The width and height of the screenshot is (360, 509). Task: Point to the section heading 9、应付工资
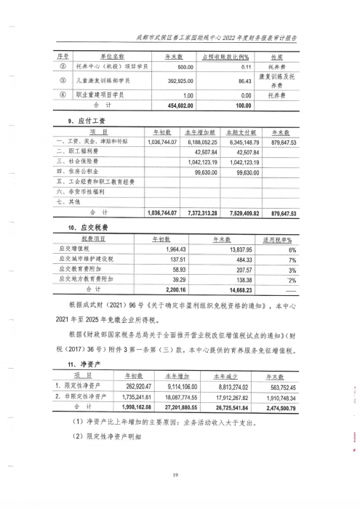(x=71, y=121)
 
